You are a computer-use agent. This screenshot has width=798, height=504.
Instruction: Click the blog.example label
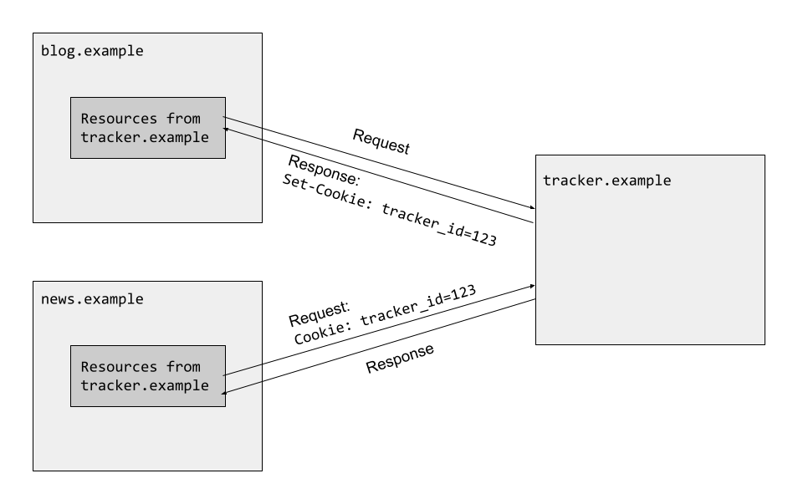point(92,51)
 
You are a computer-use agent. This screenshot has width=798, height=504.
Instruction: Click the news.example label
point(92,298)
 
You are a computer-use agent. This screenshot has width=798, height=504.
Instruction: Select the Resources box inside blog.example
point(147,128)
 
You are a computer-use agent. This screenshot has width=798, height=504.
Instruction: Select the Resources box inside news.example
point(147,376)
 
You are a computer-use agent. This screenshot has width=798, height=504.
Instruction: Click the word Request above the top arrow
point(381,142)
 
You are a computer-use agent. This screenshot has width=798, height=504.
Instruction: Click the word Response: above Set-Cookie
point(323,172)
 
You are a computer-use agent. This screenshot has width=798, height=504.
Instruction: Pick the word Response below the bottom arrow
point(401,359)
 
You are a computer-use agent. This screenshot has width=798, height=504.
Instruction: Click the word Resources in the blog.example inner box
point(115,119)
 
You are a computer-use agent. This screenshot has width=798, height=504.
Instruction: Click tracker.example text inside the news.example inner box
point(144,385)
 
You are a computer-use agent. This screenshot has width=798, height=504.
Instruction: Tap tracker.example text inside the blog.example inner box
point(144,137)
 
